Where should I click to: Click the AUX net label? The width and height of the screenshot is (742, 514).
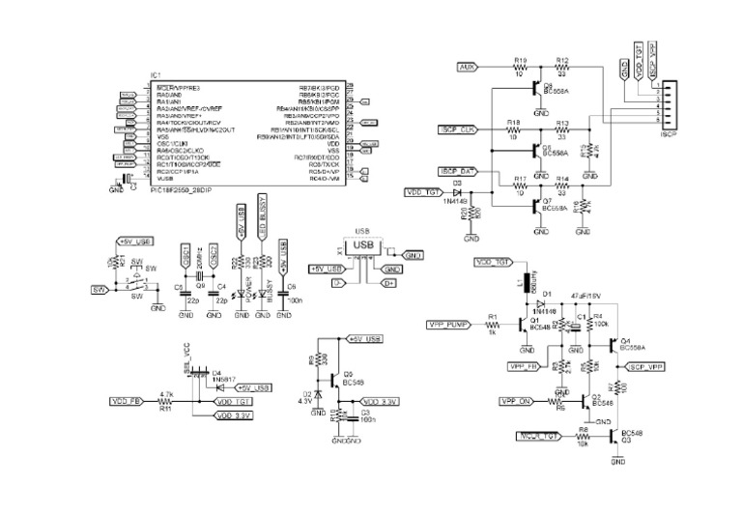pos(467,69)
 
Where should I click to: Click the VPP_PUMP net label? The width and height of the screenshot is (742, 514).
pos(446,325)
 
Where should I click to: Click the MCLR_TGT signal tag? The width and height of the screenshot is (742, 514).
pos(537,436)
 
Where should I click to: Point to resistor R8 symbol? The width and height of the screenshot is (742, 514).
pos(583,436)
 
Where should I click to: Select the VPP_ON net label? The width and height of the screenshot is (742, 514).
pos(517,399)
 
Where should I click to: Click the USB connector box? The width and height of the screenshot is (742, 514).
pos(364,247)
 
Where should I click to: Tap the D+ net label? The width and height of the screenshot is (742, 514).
pos(389,283)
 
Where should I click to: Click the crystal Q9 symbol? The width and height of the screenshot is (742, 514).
pos(201,278)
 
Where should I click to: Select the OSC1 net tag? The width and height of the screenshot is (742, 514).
pos(185,255)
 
